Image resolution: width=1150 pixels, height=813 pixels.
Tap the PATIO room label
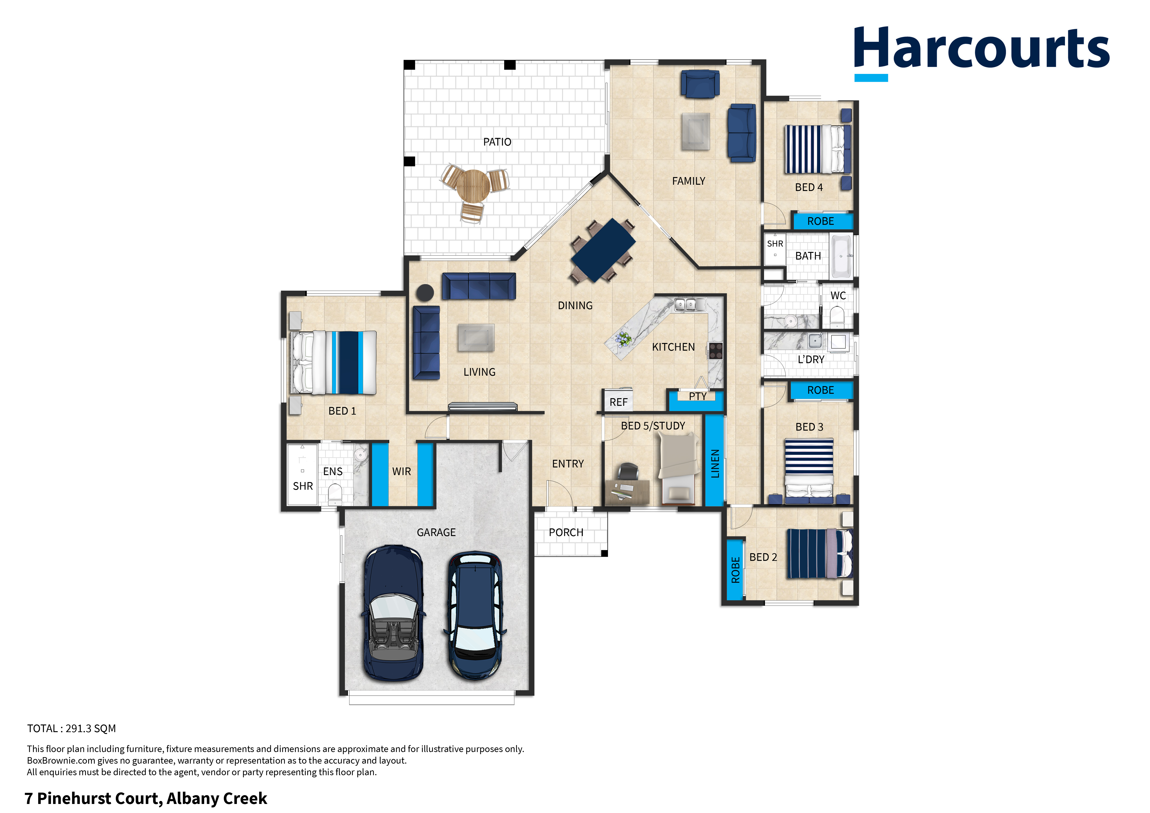pos(497,142)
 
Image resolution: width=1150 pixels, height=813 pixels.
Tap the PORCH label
pos(566,533)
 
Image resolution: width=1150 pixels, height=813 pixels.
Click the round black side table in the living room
pos(425,292)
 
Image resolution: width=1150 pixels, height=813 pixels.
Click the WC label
pos(838,295)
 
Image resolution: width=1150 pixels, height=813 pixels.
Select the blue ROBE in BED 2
pos(735,569)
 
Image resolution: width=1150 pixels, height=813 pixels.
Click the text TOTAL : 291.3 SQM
pos(72,728)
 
